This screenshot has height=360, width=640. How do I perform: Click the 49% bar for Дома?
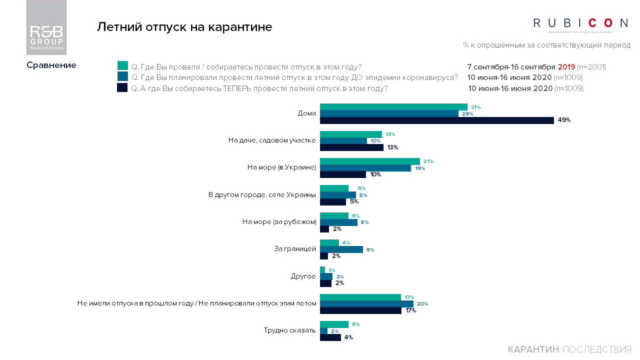pos(436,120)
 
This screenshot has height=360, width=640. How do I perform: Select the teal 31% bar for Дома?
pos(393,107)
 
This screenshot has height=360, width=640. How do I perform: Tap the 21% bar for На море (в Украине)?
pos(369,161)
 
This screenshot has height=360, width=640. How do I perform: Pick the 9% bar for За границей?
pos(341,249)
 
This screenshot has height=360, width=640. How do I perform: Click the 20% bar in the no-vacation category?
pos(366,303)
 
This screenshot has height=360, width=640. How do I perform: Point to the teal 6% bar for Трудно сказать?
pos(334,324)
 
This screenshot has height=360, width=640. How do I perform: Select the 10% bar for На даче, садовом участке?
pos(343,141)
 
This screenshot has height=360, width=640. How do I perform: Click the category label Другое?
pos(303,276)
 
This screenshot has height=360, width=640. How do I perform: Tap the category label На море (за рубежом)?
pos(279,222)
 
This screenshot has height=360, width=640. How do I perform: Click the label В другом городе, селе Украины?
pos(262,195)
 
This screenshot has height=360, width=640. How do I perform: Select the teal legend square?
pos(122,66)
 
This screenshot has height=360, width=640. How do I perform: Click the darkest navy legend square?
pos(122,88)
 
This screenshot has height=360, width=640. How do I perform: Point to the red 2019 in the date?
pos(566,66)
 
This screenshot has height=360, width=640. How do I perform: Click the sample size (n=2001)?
pos(591,66)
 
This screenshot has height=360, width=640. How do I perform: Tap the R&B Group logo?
pos(46,27)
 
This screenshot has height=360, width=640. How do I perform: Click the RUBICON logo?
pos(580,23)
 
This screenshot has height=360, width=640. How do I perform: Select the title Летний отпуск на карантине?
pos(184,27)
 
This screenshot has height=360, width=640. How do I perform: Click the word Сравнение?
pos(51,65)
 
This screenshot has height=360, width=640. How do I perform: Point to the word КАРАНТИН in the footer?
pos(532,349)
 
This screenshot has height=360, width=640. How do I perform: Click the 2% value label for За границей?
pos(336,256)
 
